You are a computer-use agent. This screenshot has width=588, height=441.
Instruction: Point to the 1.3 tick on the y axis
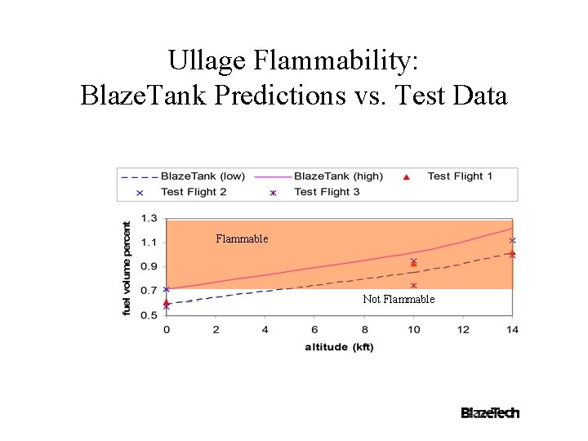click(x=149, y=219)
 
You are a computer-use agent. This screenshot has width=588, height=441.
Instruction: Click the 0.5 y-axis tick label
click(x=149, y=315)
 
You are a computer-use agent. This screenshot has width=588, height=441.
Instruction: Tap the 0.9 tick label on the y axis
click(x=149, y=267)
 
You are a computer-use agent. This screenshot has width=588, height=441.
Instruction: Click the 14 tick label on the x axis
click(x=512, y=329)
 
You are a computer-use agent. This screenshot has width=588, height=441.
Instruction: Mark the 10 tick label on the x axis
click(x=414, y=329)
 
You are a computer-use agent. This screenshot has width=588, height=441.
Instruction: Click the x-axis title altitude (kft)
click(x=339, y=346)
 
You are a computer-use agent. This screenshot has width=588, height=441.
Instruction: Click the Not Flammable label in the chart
click(x=399, y=300)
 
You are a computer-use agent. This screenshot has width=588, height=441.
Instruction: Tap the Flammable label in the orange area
click(x=242, y=239)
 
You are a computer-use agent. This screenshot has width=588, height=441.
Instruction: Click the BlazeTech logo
click(x=490, y=413)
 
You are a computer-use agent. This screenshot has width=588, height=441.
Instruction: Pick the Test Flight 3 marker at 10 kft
click(x=414, y=286)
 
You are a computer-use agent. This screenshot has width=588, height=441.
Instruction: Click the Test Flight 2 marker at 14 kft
click(x=512, y=240)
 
